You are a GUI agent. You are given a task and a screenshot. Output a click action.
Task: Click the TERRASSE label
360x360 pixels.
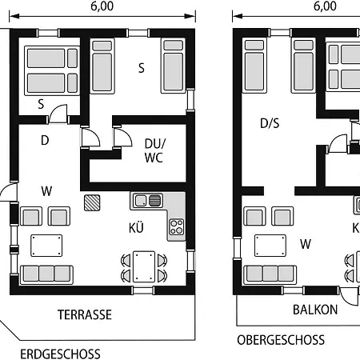pyautogui.click(x=85, y=314)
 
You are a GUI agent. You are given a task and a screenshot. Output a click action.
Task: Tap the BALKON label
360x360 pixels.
pyautogui.click(x=315, y=310)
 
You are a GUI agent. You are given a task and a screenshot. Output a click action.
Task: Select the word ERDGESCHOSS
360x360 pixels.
pyautogui.click(x=60, y=354)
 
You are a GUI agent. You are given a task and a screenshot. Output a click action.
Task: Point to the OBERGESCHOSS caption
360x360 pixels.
pyautogui.click(x=281, y=340)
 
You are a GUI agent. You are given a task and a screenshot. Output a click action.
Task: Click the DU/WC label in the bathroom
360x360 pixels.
pyautogui.click(x=155, y=150)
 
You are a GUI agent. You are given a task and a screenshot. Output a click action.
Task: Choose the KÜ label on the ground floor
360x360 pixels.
pyautogui.click(x=136, y=227)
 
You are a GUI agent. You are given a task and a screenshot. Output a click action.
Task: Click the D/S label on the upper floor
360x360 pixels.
pyautogui.click(x=270, y=123)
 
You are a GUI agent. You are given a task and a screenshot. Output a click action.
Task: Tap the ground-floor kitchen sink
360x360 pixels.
pyautogui.click(x=148, y=200)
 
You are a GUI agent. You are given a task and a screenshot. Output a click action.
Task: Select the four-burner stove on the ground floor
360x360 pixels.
pyautogui.click(x=176, y=226)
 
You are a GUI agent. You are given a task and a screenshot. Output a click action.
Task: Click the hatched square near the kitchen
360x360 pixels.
pyautogui.click(x=92, y=202)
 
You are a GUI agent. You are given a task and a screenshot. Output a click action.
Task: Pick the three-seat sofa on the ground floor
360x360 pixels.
pyautogui.click(x=46, y=274)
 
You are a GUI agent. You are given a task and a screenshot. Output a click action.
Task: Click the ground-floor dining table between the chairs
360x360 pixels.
pyautogui.click(x=144, y=266)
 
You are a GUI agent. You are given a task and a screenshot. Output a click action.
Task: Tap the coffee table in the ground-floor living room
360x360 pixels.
pyautogui.click(x=46, y=246)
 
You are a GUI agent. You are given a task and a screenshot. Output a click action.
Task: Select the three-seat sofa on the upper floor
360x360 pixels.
pyautogui.click(x=270, y=274)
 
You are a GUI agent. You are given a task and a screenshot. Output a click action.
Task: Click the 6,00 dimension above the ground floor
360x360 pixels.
pyautogui.click(x=102, y=6)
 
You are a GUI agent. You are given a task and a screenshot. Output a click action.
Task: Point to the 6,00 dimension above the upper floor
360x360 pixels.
pyautogui.click(x=325, y=6)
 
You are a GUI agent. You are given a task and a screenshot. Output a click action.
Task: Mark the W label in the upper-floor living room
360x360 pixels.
pyautogui.click(x=306, y=244)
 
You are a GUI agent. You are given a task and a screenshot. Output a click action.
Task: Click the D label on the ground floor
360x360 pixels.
pyautogui.click(x=45, y=140)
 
